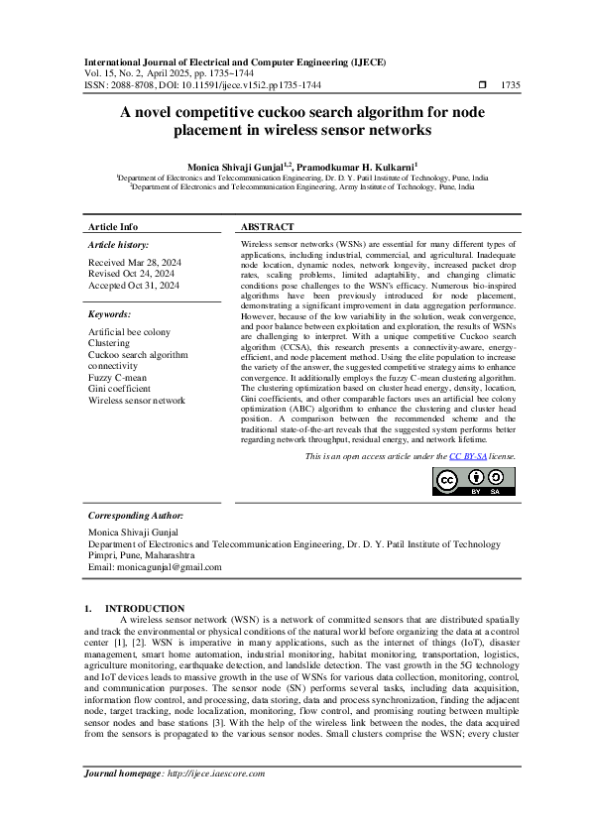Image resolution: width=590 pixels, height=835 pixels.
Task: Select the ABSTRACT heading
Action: pyautogui.click(x=267, y=227)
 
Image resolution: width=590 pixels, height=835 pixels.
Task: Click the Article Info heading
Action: pyautogui.click(x=114, y=227)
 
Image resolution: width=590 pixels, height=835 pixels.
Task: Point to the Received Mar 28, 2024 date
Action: pyautogui.click(x=134, y=263)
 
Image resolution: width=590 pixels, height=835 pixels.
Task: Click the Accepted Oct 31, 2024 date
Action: pyautogui.click(x=134, y=286)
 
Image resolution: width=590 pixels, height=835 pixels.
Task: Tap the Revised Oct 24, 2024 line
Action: pyautogui.click(x=131, y=274)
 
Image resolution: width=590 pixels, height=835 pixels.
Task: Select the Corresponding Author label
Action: pyautogui.click(x=135, y=516)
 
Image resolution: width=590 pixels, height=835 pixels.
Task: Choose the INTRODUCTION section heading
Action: pyautogui.click(x=145, y=608)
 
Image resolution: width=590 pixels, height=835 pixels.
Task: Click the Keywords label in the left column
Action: pyautogui.click(x=109, y=313)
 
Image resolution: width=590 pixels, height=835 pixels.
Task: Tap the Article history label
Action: pyautogui.click(x=119, y=244)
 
